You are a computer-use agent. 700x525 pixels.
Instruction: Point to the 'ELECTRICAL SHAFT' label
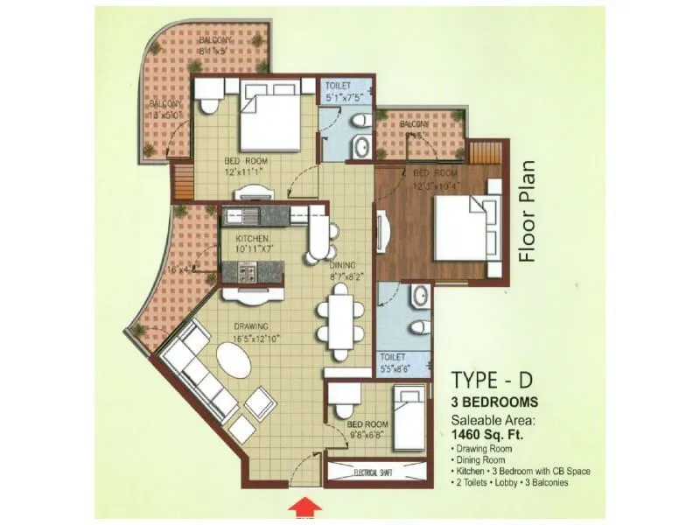tap(377, 473)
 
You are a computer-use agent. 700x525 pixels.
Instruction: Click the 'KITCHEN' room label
tap(250, 239)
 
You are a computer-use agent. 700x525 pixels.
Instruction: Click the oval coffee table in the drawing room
tap(232, 362)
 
